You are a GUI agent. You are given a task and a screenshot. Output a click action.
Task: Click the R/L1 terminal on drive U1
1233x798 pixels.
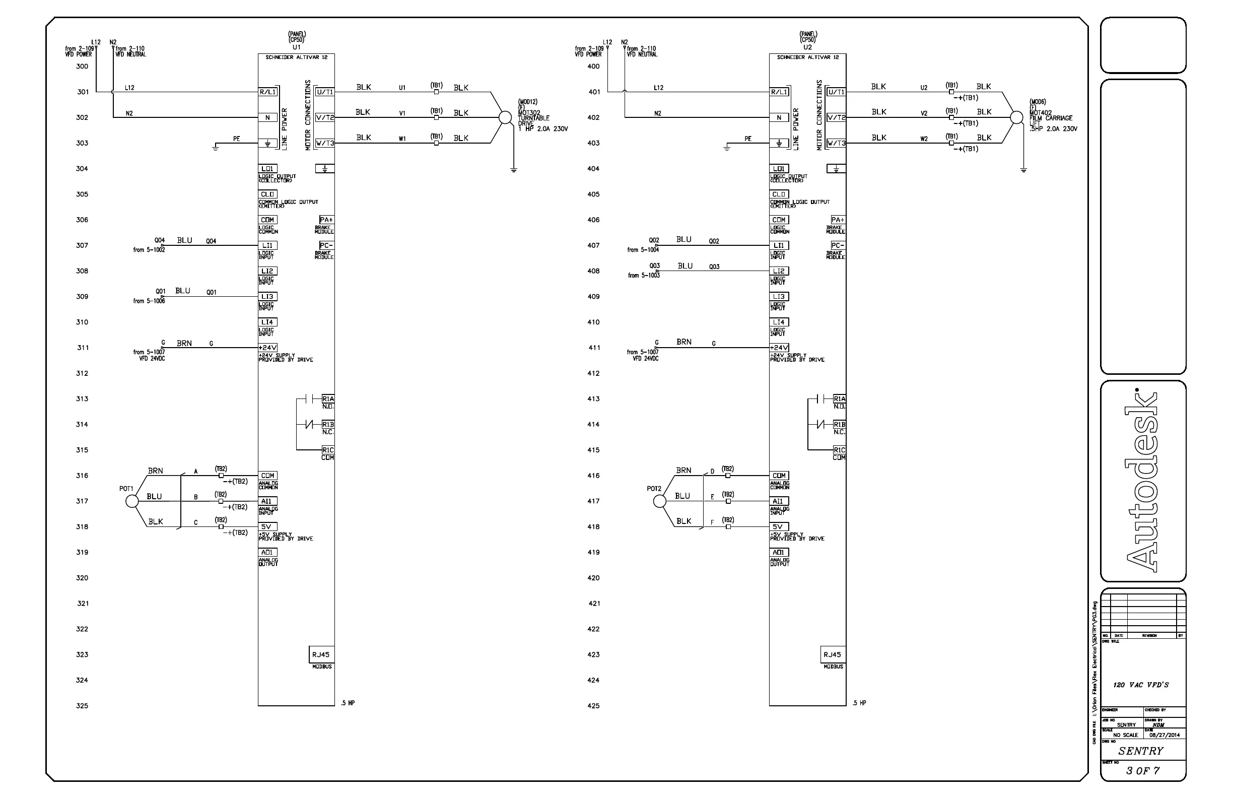(268, 92)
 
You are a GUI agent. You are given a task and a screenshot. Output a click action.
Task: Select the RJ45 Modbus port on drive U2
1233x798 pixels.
(832, 655)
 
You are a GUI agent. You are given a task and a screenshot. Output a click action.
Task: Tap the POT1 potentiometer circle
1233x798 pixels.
(132, 501)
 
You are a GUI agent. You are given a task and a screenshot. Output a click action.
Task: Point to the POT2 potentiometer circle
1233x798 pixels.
(659, 501)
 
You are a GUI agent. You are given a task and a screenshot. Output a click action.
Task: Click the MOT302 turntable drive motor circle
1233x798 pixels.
(505, 117)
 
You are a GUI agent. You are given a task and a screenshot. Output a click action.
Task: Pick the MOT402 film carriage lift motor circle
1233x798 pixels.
(1016, 117)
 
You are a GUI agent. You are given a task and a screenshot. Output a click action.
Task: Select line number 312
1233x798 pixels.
(82, 374)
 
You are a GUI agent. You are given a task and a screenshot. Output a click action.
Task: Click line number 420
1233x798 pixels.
(593, 578)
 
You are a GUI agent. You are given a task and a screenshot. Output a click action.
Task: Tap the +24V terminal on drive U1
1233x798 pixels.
(268, 348)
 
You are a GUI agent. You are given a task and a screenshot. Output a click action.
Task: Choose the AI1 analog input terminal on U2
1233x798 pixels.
(779, 501)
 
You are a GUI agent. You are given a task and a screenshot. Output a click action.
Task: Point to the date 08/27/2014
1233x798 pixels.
(1164, 735)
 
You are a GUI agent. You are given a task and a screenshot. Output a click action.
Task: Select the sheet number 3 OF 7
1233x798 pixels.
(1143, 770)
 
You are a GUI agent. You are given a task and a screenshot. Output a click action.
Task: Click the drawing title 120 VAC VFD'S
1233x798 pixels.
(1141, 685)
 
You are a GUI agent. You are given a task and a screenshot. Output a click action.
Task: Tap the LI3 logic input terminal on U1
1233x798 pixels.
(268, 297)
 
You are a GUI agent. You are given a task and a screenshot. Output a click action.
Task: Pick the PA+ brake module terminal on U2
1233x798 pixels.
(838, 220)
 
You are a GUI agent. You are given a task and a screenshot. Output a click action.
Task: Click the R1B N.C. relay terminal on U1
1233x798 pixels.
(328, 425)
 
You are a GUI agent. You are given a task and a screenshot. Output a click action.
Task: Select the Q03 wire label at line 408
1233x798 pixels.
(714, 267)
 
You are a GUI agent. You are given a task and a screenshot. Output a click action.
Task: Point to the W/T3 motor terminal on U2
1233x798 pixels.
(836, 143)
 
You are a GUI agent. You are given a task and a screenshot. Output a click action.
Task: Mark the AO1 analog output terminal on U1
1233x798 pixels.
(268, 552)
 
